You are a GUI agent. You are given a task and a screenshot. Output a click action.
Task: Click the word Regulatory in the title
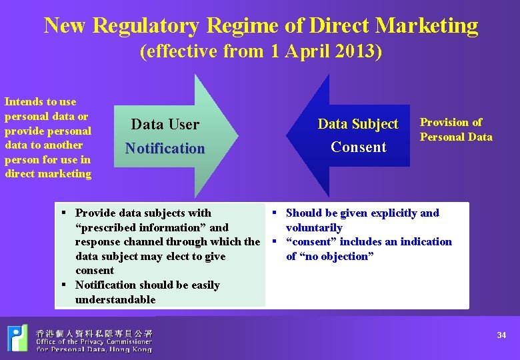pos(146,25)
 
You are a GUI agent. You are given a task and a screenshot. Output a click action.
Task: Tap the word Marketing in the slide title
pos(427,25)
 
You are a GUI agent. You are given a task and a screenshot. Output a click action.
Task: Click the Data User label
pos(165,124)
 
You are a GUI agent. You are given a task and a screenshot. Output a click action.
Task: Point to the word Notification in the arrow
pos(165,148)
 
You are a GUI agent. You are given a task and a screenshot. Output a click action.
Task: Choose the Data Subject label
pos(358,124)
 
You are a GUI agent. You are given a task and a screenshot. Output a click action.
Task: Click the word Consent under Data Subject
pos(358,147)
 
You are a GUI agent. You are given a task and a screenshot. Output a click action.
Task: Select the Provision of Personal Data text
pos(455,129)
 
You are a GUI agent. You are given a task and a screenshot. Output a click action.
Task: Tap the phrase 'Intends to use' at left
pos(40,102)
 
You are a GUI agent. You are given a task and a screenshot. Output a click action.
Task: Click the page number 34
pos(501,335)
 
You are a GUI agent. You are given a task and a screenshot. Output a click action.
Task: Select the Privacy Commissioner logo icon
pos(18,338)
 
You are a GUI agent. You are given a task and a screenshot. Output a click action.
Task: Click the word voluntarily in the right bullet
pos(314,227)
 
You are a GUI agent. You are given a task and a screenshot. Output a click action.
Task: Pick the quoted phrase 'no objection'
pos(330,256)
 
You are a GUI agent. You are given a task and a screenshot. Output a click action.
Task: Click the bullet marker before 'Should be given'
pos(274,213)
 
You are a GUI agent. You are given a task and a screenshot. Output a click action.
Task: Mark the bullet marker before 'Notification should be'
pos(64,285)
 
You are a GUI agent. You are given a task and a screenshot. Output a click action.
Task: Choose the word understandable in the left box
pos(115,299)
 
